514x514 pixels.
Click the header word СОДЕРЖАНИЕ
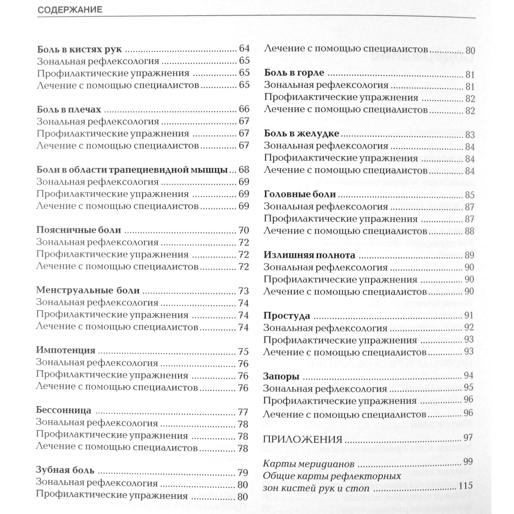click(x=70, y=10)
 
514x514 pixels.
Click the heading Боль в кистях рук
click(x=79, y=49)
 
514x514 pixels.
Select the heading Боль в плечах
click(x=69, y=109)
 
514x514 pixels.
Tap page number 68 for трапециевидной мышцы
click(x=244, y=170)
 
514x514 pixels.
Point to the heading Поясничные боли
click(x=79, y=230)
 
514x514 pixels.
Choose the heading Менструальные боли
click(x=88, y=290)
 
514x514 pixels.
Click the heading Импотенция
click(x=66, y=350)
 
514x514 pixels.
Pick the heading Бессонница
click(x=64, y=410)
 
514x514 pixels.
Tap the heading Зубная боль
click(x=65, y=470)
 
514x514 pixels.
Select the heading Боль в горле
click(x=294, y=73)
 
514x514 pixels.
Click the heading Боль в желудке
click(x=302, y=134)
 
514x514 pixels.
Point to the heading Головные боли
click(x=300, y=194)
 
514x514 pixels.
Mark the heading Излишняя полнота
click(x=309, y=255)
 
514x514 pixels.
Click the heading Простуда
click(x=287, y=316)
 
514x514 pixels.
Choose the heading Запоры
click(x=281, y=376)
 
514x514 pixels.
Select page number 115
click(x=466, y=486)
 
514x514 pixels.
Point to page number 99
click(x=468, y=462)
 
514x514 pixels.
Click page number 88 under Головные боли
click(x=470, y=231)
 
